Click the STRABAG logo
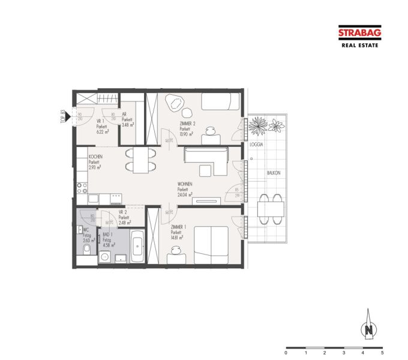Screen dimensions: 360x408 click(x=359, y=34)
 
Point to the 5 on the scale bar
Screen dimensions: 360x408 click(x=382, y=353)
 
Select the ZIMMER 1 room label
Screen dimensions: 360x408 click(x=178, y=227)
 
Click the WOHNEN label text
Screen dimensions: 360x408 click(x=185, y=184)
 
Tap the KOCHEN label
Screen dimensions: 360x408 click(x=95, y=157)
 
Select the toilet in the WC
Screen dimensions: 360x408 click(x=86, y=249)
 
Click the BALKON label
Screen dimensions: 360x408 click(x=274, y=173)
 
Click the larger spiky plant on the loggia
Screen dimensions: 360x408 click(x=258, y=126)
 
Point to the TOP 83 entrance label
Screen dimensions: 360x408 click(x=62, y=115)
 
